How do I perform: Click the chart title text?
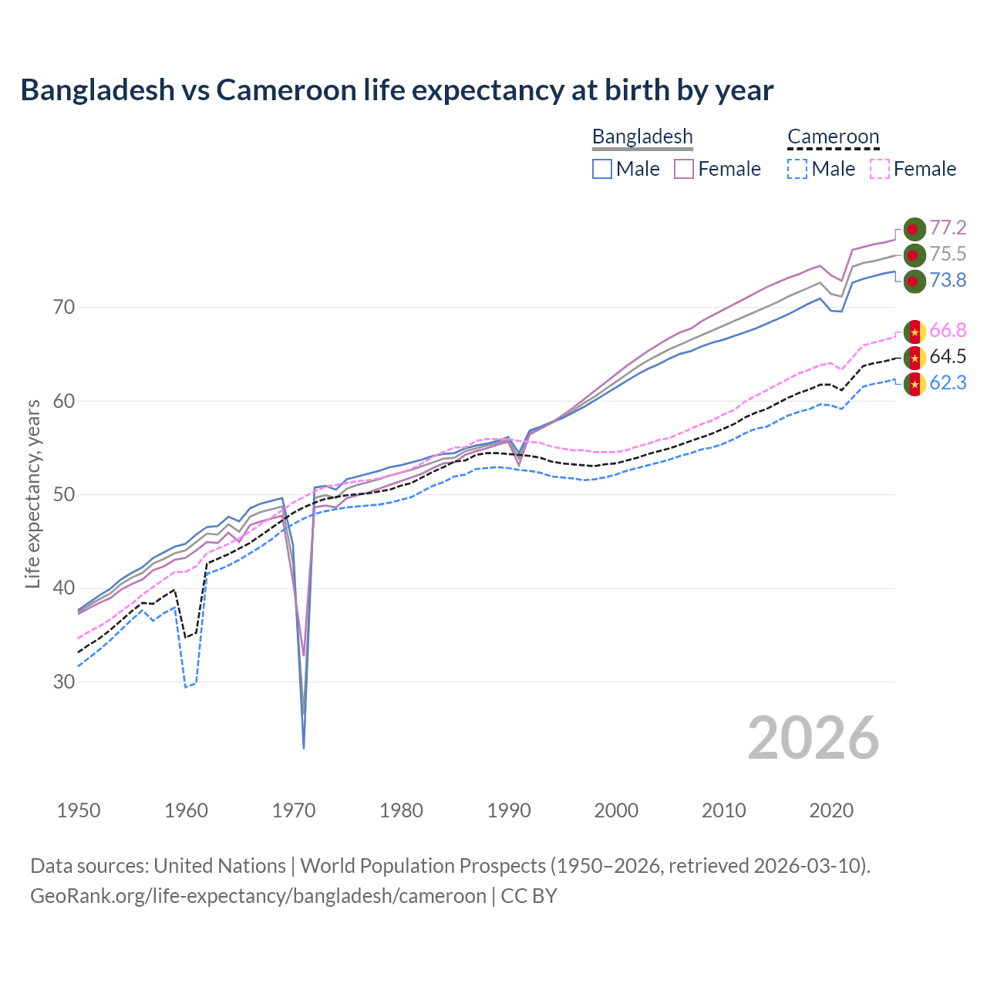pos(396,90)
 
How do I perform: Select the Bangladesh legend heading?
pos(642,136)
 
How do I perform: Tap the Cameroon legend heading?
pos(833,136)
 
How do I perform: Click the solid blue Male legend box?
pos(602,169)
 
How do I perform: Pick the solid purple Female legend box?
pos(684,169)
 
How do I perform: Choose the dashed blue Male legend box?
pos(797,169)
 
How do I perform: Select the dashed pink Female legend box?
pos(880,169)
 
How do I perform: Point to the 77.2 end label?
pos(948,227)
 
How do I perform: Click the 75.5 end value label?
pos(948,254)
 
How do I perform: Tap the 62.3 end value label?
pos(948,382)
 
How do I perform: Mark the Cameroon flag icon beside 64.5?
pos(915,357)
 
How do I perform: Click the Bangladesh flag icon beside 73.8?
pos(914,281)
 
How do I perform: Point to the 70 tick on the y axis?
pos(64,308)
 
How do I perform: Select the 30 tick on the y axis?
pos(64,682)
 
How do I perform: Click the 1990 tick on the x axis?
pos(509,810)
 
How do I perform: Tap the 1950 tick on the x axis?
pos(79,810)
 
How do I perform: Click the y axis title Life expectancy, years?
pos(33,493)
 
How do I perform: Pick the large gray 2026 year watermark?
pos(813,739)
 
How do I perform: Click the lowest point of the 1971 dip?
pos(304,747)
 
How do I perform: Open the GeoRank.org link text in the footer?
pos(258,896)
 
